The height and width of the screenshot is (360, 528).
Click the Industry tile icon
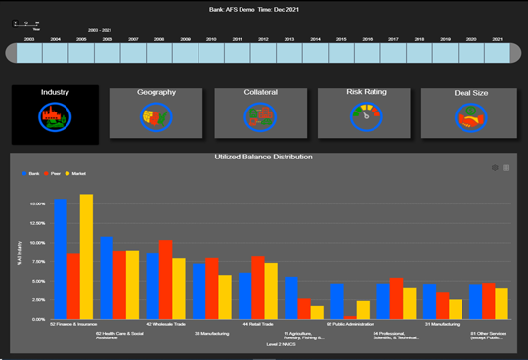pos(55,116)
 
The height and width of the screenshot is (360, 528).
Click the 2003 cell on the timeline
pos(30,53)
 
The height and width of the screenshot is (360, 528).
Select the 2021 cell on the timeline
pos(498,53)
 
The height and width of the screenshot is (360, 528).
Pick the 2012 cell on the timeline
pos(264,53)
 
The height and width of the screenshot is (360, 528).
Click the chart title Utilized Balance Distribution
pos(264,157)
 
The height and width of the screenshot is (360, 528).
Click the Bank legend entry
pos(32,173)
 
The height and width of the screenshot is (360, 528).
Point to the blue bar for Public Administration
pos(336,300)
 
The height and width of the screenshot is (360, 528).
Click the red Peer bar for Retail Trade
pos(258,288)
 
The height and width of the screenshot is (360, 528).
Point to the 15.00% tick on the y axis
pos(36,204)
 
